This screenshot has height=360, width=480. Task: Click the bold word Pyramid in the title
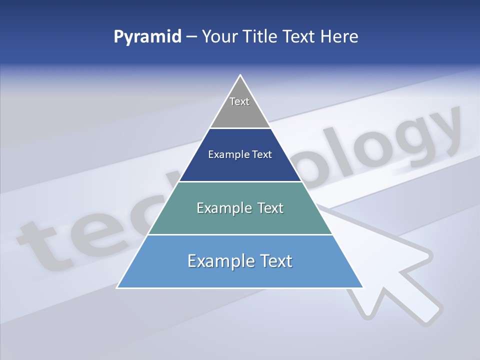pos(147,37)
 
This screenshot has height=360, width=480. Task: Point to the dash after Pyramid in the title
pos(191,37)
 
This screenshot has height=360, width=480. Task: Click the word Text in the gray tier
pos(239,101)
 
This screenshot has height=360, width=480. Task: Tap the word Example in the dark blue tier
pos(225,155)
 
